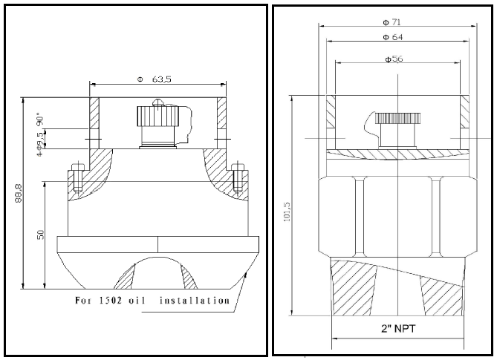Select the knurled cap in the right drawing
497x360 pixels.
(398, 117)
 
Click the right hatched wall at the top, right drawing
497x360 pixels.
(465, 111)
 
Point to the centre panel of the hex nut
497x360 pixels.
(399, 215)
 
